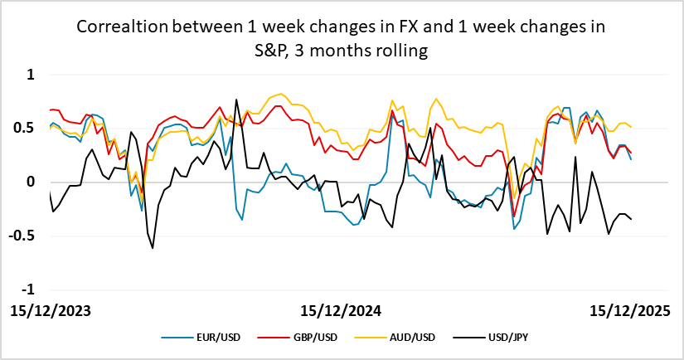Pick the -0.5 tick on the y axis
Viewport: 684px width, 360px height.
coord(25,236)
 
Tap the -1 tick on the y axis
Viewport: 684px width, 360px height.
coord(29,289)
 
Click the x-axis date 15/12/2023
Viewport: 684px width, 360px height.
coord(50,311)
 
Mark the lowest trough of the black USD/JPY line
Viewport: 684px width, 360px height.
coord(153,247)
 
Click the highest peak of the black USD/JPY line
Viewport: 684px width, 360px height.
coord(236,100)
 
